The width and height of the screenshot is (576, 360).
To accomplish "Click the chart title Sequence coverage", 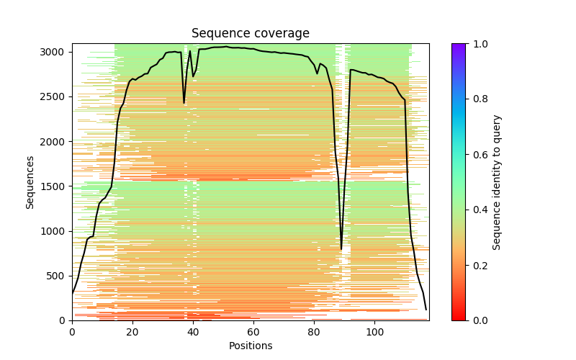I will pos(250,34).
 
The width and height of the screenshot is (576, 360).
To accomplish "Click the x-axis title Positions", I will pos(250,346).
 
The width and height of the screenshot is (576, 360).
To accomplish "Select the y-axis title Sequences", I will pos(30,181).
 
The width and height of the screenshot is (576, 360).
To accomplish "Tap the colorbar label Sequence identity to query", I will pos(497,181).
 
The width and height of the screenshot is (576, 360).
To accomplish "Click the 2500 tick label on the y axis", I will pos(58,97).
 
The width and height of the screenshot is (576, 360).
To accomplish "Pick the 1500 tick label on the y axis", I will pos(58,186).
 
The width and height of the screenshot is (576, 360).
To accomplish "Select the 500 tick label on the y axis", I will pos(60,276).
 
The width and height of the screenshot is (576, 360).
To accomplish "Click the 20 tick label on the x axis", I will pos(132,332).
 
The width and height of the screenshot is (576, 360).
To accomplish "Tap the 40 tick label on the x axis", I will pos(193,332).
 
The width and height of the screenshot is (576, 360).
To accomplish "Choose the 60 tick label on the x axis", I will pos(253,332).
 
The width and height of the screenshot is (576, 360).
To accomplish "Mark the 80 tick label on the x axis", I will pos(314,332).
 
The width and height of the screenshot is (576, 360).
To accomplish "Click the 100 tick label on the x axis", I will pos(374,332).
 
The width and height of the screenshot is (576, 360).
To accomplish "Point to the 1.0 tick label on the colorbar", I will pos(479,44).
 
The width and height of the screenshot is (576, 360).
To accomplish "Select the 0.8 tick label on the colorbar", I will pos(479,99).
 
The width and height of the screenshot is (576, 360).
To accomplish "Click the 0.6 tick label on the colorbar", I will pos(479,155).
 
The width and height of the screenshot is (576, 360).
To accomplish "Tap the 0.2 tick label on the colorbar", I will pos(479,265).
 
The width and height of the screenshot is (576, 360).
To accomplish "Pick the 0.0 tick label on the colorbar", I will pos(479,320).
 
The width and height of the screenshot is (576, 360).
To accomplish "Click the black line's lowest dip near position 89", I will pos(341,249).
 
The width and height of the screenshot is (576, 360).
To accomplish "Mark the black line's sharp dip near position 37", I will pos(184,103).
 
